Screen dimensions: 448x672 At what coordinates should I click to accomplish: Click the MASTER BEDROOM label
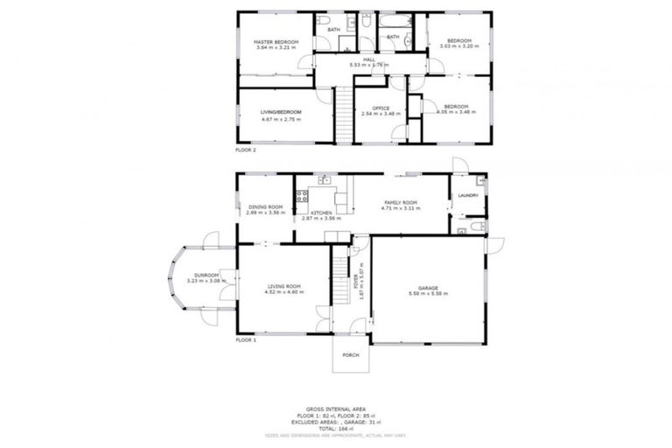pyautogui.click(x=276, y=42)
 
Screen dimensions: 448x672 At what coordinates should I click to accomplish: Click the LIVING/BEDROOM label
pyautogui.click(x=282, y=112)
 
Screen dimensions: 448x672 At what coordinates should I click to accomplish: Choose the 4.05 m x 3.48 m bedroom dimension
pyautogui.click(x=458, y=112)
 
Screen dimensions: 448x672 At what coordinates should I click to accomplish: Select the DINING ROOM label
pyautogui.click(x=265, y=207)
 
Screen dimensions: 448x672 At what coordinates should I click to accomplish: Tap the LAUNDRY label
pyautogui.click(x=468, y=195)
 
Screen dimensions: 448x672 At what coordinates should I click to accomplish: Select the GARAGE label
pyautogui.click(x=429, y=288)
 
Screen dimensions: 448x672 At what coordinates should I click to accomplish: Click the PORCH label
pyautogui.click(x=351, y=354)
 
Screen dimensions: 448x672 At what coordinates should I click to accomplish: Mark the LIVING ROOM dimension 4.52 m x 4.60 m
pyautogui.click(x=284, y=292)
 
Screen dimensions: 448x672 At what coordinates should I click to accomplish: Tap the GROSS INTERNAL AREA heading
pyautogui.click(x=336, y=409)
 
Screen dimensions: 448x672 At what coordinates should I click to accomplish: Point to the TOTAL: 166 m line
pyautogui.click(x=336, y=428)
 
